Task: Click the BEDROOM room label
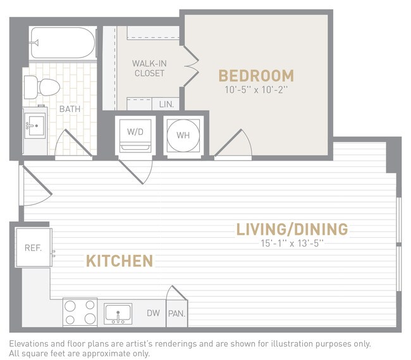256,76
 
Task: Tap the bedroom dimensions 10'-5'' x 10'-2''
256,90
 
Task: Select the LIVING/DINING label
292,228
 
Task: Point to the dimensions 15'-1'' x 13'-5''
292,243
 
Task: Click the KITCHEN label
120,260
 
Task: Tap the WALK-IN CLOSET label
149,68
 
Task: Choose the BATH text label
70,109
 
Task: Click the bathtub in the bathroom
63,42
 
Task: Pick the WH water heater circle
183,135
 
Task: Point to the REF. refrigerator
33,247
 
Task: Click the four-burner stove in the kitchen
80,313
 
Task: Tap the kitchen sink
118,313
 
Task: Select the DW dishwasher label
152,313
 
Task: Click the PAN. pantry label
176,313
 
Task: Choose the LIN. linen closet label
167,104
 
